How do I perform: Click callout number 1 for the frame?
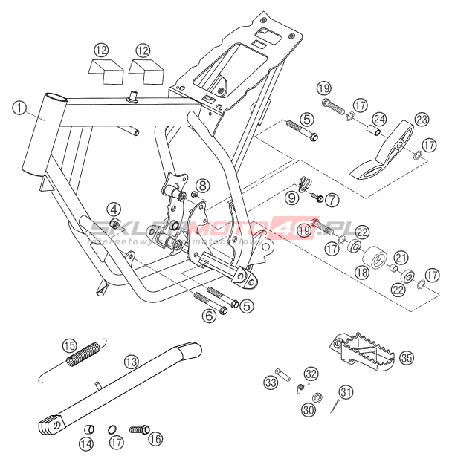tap(19, 108)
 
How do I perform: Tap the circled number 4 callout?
tap(113, 208)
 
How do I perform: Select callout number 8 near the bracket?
tap(204, 186)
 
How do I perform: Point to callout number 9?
tap(292, 199)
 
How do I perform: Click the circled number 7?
tap(332, 199)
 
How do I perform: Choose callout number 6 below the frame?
tap(210, 316)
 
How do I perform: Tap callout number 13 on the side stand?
tap(132, 362)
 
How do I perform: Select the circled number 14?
tap(87, 444)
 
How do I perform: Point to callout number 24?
tap(380, 119)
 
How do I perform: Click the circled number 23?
tap(422, 120)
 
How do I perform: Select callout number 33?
tap(270, 383)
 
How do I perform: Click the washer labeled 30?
tap(317, 398)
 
